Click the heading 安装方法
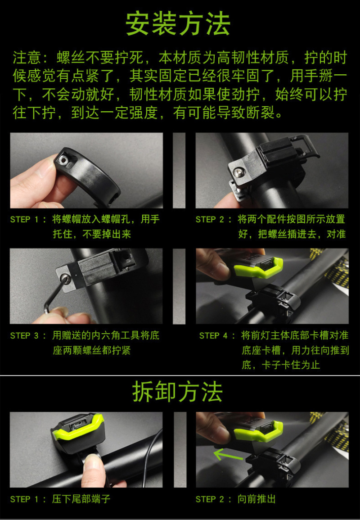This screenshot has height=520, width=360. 178,24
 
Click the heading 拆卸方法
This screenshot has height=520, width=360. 178,392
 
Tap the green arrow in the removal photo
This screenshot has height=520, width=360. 228,455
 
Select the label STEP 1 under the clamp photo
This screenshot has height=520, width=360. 25,219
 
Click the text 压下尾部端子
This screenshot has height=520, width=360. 81,499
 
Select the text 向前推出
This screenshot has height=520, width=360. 256,499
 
